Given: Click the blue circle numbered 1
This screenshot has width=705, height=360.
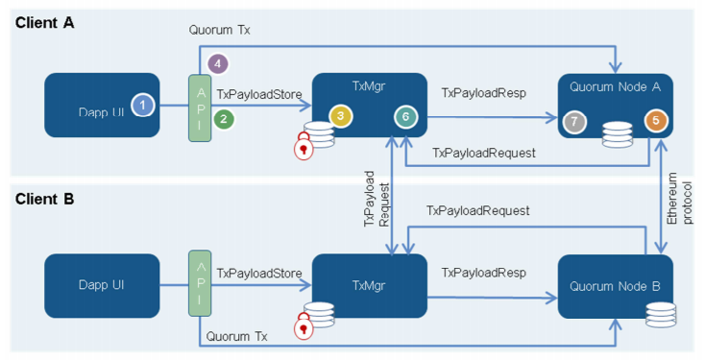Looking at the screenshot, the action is click(x=142, y=106).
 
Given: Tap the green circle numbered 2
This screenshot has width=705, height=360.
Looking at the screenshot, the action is click(x=224, y=119).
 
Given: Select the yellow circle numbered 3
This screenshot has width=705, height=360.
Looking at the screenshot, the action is click(x=340, y=116).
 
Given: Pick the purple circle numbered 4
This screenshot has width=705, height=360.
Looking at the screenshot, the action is click(x=218, y=63).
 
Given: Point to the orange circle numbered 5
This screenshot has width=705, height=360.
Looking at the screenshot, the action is click(x=656, y=120).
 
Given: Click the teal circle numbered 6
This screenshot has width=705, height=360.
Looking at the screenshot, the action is click(x=405, y=117).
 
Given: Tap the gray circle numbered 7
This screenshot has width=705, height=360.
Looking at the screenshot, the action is click(x=574, y=121).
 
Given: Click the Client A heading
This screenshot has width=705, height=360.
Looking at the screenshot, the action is click(x=44, y=22).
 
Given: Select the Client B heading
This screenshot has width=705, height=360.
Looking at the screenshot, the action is click(x=44, y=199).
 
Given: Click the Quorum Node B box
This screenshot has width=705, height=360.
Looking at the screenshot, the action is click(x=615, y=286).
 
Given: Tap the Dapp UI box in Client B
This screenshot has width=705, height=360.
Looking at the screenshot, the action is click(x=102, y=286).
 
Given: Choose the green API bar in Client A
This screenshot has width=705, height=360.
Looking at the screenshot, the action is click(x=200, y=108).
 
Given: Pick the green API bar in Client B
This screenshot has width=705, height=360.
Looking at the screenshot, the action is click(x=200, y=283).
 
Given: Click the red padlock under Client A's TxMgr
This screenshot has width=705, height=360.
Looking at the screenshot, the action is click(x=304, y=146).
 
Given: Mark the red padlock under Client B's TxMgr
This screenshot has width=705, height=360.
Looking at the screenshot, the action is click(x=304, y=325).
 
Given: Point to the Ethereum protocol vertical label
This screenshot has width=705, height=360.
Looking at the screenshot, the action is click(x=679, y=199).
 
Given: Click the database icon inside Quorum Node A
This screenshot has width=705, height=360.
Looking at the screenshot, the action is click(x=618, y=134).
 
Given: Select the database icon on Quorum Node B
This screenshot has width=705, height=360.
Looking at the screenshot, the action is click(x=661, y=315).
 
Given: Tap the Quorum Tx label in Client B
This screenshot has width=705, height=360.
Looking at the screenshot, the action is click(x=236, y=336).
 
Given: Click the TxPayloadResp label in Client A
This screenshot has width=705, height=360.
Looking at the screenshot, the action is click(x=484, y=93).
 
